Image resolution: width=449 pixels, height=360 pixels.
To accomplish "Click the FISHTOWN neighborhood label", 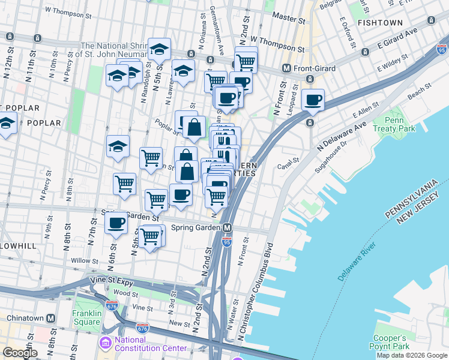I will (x=380, y=22).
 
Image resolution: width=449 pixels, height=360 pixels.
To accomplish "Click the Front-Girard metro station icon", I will (x=287, y=68).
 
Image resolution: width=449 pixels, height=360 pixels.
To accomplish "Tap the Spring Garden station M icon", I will (x=228, y=228).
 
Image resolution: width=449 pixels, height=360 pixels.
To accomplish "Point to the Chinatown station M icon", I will (x=51, y=317).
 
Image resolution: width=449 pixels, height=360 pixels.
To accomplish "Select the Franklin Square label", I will (x=86, y=317).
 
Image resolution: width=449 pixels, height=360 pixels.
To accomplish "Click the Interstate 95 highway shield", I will (x=226, y=241).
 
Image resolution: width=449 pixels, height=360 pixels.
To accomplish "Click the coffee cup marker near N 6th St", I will (x=116, y=223).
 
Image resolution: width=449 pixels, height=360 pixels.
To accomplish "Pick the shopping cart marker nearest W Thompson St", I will (x=246, y=61).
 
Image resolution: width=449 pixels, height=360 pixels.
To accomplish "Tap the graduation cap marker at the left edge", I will (x=6, y=124).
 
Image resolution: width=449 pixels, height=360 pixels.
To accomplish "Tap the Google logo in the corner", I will (x=20, y=353).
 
